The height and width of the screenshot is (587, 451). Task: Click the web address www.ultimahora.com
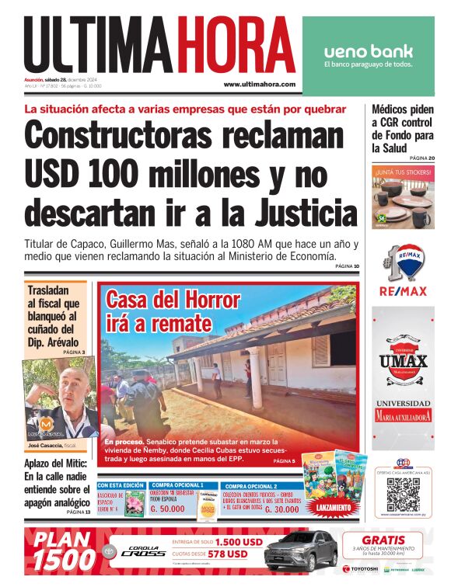coord(259,84)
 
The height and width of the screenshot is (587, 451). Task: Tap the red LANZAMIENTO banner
coord(333,507)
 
